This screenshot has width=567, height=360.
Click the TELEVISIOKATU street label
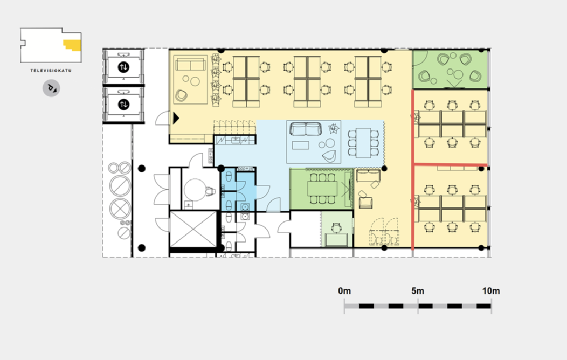[51, 71]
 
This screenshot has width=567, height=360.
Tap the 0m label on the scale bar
[344, 291]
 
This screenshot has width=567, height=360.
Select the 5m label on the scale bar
[418, 291]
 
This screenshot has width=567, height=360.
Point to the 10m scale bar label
[490, 291]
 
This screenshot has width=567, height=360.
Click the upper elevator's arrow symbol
[123, 67]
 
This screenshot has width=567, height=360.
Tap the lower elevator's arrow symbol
[123, 105]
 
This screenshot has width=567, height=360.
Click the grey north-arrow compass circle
[51, 88]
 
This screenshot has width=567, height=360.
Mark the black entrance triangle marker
[176, 118]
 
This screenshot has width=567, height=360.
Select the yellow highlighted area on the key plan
[73, 45]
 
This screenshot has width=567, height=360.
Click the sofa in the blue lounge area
[306, 129]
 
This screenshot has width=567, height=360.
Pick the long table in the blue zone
[363, 143]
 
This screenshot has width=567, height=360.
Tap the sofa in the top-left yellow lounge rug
[190, 64]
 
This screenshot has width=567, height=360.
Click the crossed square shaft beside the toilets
[193, 229]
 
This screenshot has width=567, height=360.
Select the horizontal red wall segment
[450, 165]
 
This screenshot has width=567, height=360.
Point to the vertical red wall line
[413, 170]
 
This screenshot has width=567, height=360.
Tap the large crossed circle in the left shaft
[120, 209]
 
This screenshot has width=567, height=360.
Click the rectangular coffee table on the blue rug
[301, 146]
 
